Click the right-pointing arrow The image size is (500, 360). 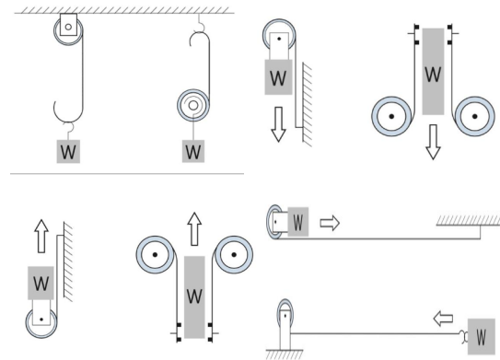point(330,223)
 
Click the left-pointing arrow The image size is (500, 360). point(443,319)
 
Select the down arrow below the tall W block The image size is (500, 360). point(433,142)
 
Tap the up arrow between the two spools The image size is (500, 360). point(194,229)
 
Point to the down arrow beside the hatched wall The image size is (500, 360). point(278,124)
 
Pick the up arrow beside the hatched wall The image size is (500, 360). point(41,236)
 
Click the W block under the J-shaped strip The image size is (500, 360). point(68,151)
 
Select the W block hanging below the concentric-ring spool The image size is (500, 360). point(193,151)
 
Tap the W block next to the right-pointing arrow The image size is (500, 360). point(298,222)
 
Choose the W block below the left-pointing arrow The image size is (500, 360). point(482,336)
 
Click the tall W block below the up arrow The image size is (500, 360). point(194,296)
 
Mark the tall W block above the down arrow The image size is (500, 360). point(433,72)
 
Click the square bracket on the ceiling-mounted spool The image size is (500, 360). point(68,24)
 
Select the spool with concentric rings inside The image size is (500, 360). point(193,105)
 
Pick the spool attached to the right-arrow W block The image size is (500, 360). point(274,222)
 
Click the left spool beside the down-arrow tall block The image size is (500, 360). point(391,116)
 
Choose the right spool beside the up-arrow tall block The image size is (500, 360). point(234,254)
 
